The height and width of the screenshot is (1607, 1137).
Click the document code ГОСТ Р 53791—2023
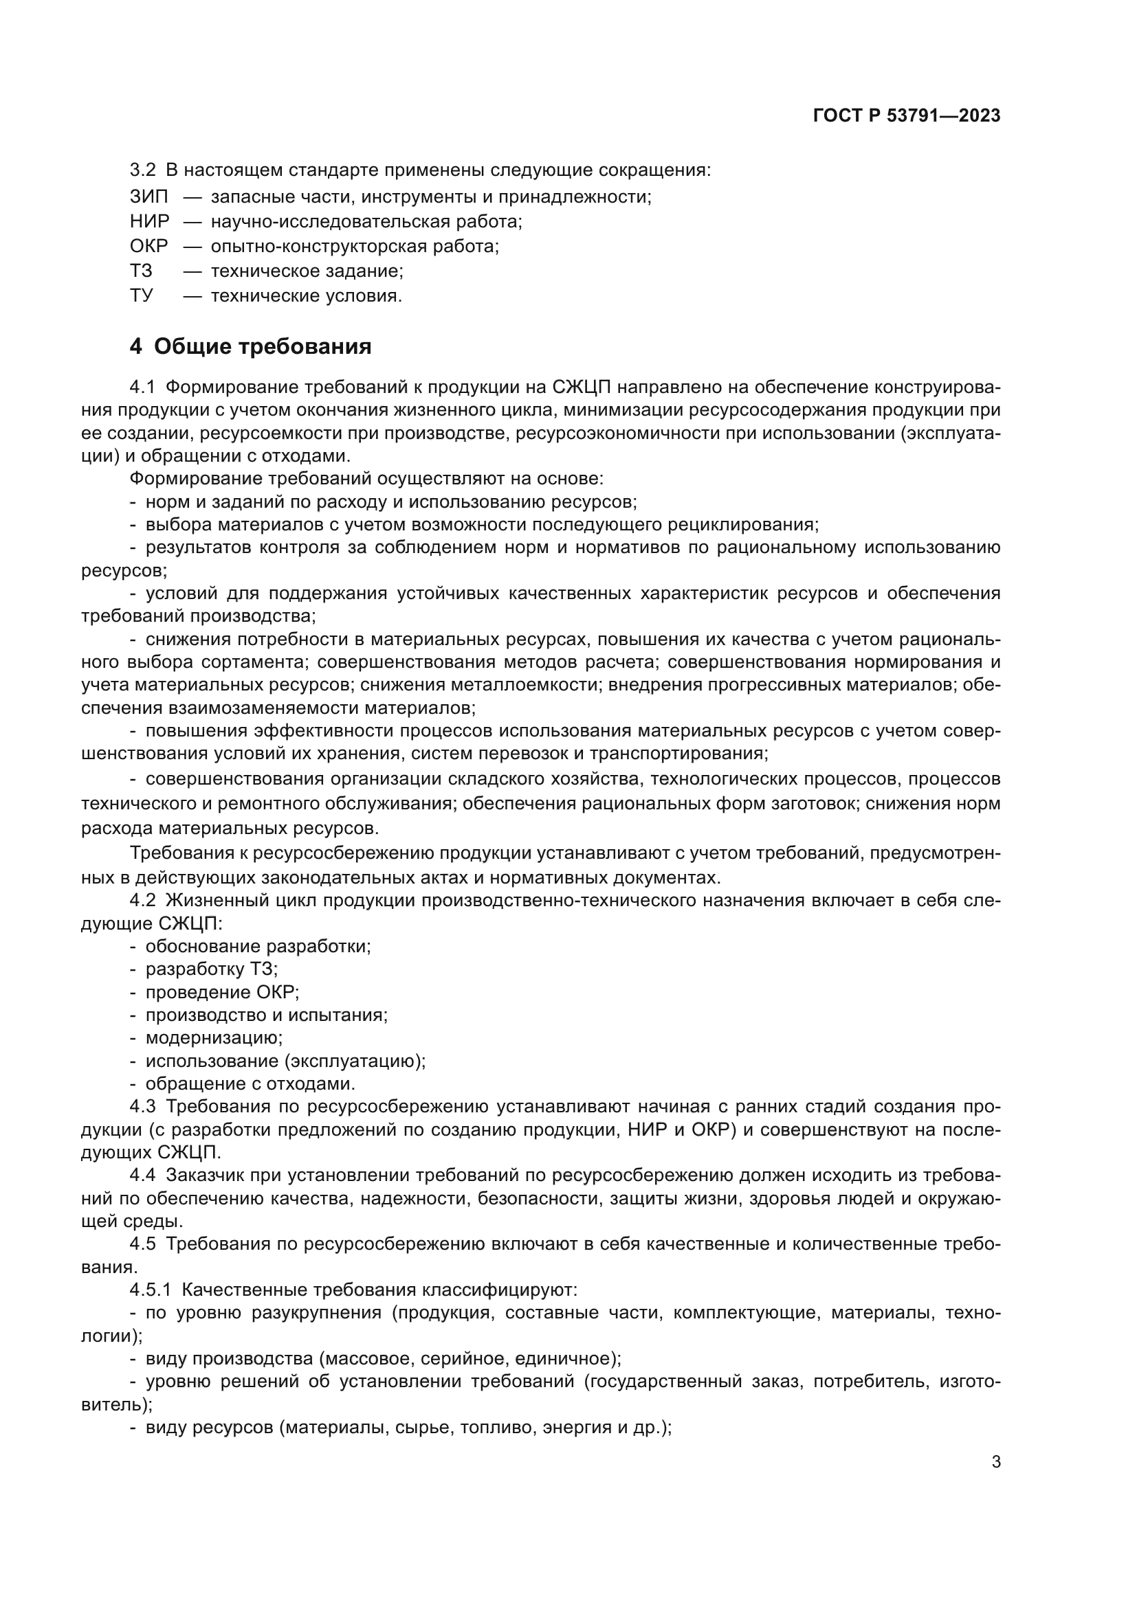coord(907,116)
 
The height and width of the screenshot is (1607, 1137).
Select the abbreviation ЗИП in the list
coord(148,196)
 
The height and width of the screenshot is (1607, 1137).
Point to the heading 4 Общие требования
coord(251,346)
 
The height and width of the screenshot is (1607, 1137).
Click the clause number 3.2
coord(143,170)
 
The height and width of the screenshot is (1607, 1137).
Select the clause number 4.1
coord(143,387)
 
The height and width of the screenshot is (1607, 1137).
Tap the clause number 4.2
coord(143,900)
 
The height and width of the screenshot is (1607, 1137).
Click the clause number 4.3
coord(143,1107)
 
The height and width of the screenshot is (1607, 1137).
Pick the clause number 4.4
coord(143,1175)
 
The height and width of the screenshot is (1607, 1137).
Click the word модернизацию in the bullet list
coord(214,1037)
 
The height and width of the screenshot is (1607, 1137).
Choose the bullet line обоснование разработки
coord(258,946)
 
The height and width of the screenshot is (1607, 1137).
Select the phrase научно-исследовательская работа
coord(366,222)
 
